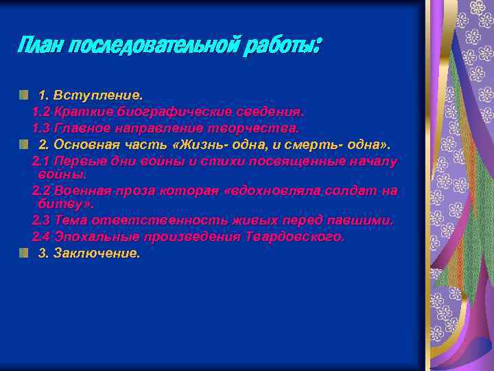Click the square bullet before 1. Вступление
click(24, 93)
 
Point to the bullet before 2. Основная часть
click(24, 144)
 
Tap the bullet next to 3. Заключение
click(24, 254)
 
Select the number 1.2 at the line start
click(41, 111)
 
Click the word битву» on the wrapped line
click(67, 203)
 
